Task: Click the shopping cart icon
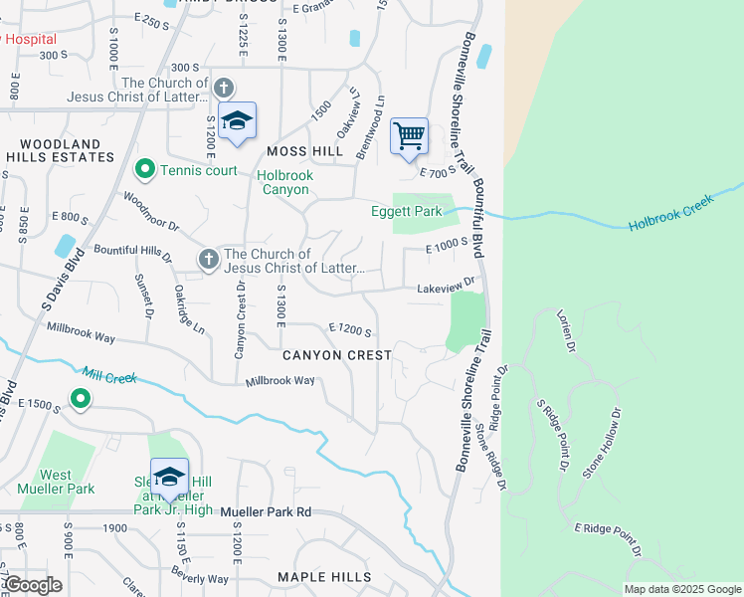tap(409, 136)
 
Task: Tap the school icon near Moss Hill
tap(237, 121)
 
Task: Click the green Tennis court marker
tap(145, 170)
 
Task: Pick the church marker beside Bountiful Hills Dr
tap(208, 259)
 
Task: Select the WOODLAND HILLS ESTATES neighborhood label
tap(60, 150)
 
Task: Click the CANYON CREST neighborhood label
tap(336, 354)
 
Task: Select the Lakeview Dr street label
tap(448, 286)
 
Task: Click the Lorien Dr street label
tap(568, 330)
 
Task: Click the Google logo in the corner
tap(33, 585)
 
